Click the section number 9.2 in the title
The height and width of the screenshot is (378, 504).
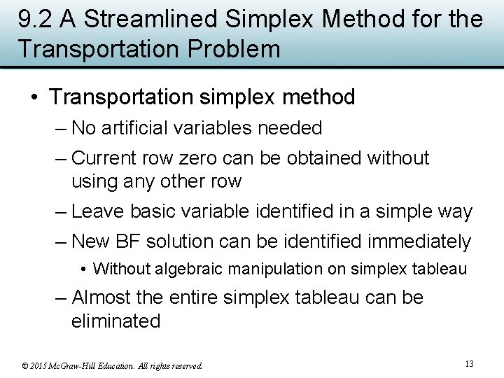36,20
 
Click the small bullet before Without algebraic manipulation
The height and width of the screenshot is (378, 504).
84,269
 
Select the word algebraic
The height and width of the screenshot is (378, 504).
185,269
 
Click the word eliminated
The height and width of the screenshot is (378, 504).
115,321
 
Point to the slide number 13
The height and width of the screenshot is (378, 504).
469,363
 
